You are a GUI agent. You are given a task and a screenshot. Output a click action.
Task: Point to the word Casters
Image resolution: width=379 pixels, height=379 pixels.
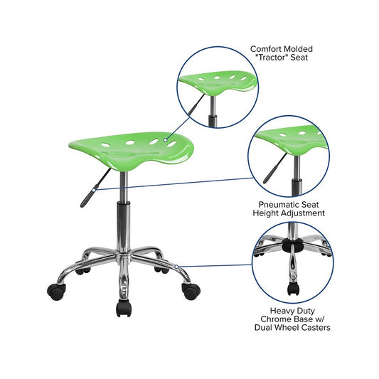[x=315, y=328]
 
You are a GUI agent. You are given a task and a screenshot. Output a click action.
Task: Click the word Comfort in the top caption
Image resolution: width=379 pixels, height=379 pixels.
[x=265, y=49]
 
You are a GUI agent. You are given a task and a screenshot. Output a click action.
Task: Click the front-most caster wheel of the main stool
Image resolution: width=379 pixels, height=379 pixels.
[x=124, y=308]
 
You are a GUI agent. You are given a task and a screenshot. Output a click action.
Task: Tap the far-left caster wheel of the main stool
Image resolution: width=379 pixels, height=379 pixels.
[x=57, y=292]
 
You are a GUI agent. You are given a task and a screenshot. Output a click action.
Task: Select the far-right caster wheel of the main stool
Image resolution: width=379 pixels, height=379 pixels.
[x=191, y=291]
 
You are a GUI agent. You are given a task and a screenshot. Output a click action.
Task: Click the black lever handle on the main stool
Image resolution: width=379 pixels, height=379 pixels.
[x=88, y=196]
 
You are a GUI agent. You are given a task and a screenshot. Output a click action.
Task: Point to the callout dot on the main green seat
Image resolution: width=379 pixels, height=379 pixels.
[x=166, y=140]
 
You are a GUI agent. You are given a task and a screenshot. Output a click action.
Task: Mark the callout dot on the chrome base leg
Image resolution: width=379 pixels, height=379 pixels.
[x=176, y=267]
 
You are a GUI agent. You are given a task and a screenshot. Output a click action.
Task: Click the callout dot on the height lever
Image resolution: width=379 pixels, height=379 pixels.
[x=94, y=191]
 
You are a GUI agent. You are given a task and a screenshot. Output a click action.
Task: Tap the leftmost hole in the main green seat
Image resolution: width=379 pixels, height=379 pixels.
[x=106, y=145]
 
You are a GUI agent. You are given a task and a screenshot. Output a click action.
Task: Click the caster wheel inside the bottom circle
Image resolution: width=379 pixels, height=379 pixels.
[x=293, y=289]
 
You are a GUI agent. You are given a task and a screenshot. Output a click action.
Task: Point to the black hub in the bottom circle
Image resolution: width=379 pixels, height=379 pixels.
[x=293, y=244]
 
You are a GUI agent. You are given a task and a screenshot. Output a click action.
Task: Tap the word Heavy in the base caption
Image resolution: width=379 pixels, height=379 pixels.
[x=280, y=311]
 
